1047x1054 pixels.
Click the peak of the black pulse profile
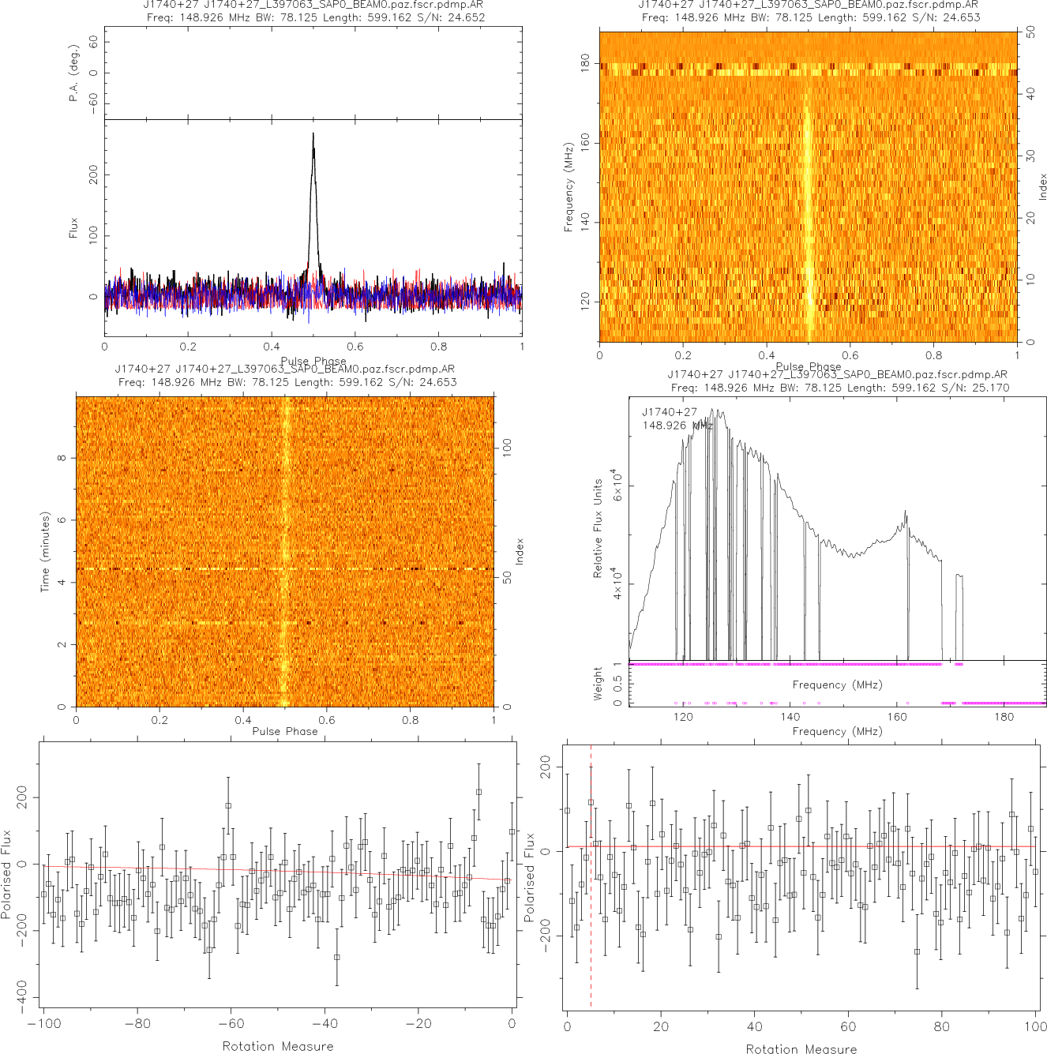(313, 134)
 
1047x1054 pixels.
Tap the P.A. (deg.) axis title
(73, 73)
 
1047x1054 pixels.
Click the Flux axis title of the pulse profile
(73, 228)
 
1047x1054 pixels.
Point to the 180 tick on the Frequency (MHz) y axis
(585, 63)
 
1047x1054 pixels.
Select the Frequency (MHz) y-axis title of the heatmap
(568, 187)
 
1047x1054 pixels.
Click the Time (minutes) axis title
(45, 552)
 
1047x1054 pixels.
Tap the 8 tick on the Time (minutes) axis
(62, 458)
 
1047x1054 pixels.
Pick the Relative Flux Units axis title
(598, 527)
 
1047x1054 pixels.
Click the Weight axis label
(598, 684)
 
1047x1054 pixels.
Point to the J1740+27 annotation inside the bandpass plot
(670, 412)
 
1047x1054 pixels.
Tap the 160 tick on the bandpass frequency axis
(897, 717)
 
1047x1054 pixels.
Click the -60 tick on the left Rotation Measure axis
(231, 1023)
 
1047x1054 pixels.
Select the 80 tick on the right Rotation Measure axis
(942, 1026)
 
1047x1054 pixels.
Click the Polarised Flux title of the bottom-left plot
(6, 874)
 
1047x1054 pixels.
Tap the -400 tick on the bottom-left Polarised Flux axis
(21, 998)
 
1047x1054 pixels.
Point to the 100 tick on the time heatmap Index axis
(507, 447)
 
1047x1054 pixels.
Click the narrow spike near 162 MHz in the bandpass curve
(906, 513)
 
